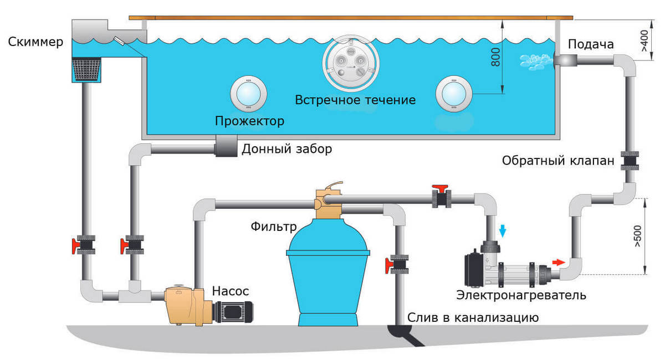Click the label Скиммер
(35, 43)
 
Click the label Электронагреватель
(521, 295)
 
